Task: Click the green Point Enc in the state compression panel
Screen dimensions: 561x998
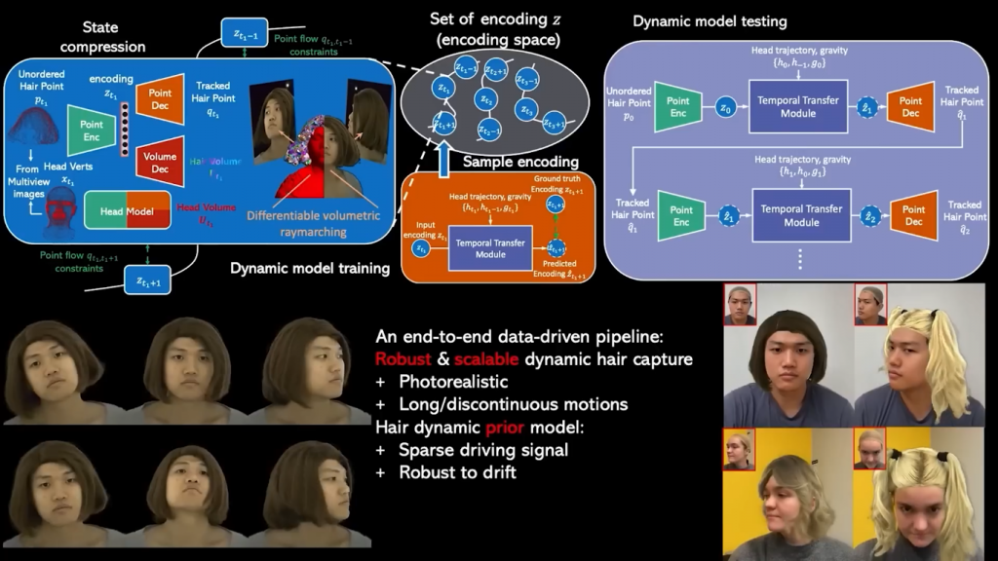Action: pos(92,131)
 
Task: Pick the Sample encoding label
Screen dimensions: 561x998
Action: pos(520,161)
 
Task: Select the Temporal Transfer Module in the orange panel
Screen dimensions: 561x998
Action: pos(489,252)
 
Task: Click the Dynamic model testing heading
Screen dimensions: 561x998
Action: pos(710,20)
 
